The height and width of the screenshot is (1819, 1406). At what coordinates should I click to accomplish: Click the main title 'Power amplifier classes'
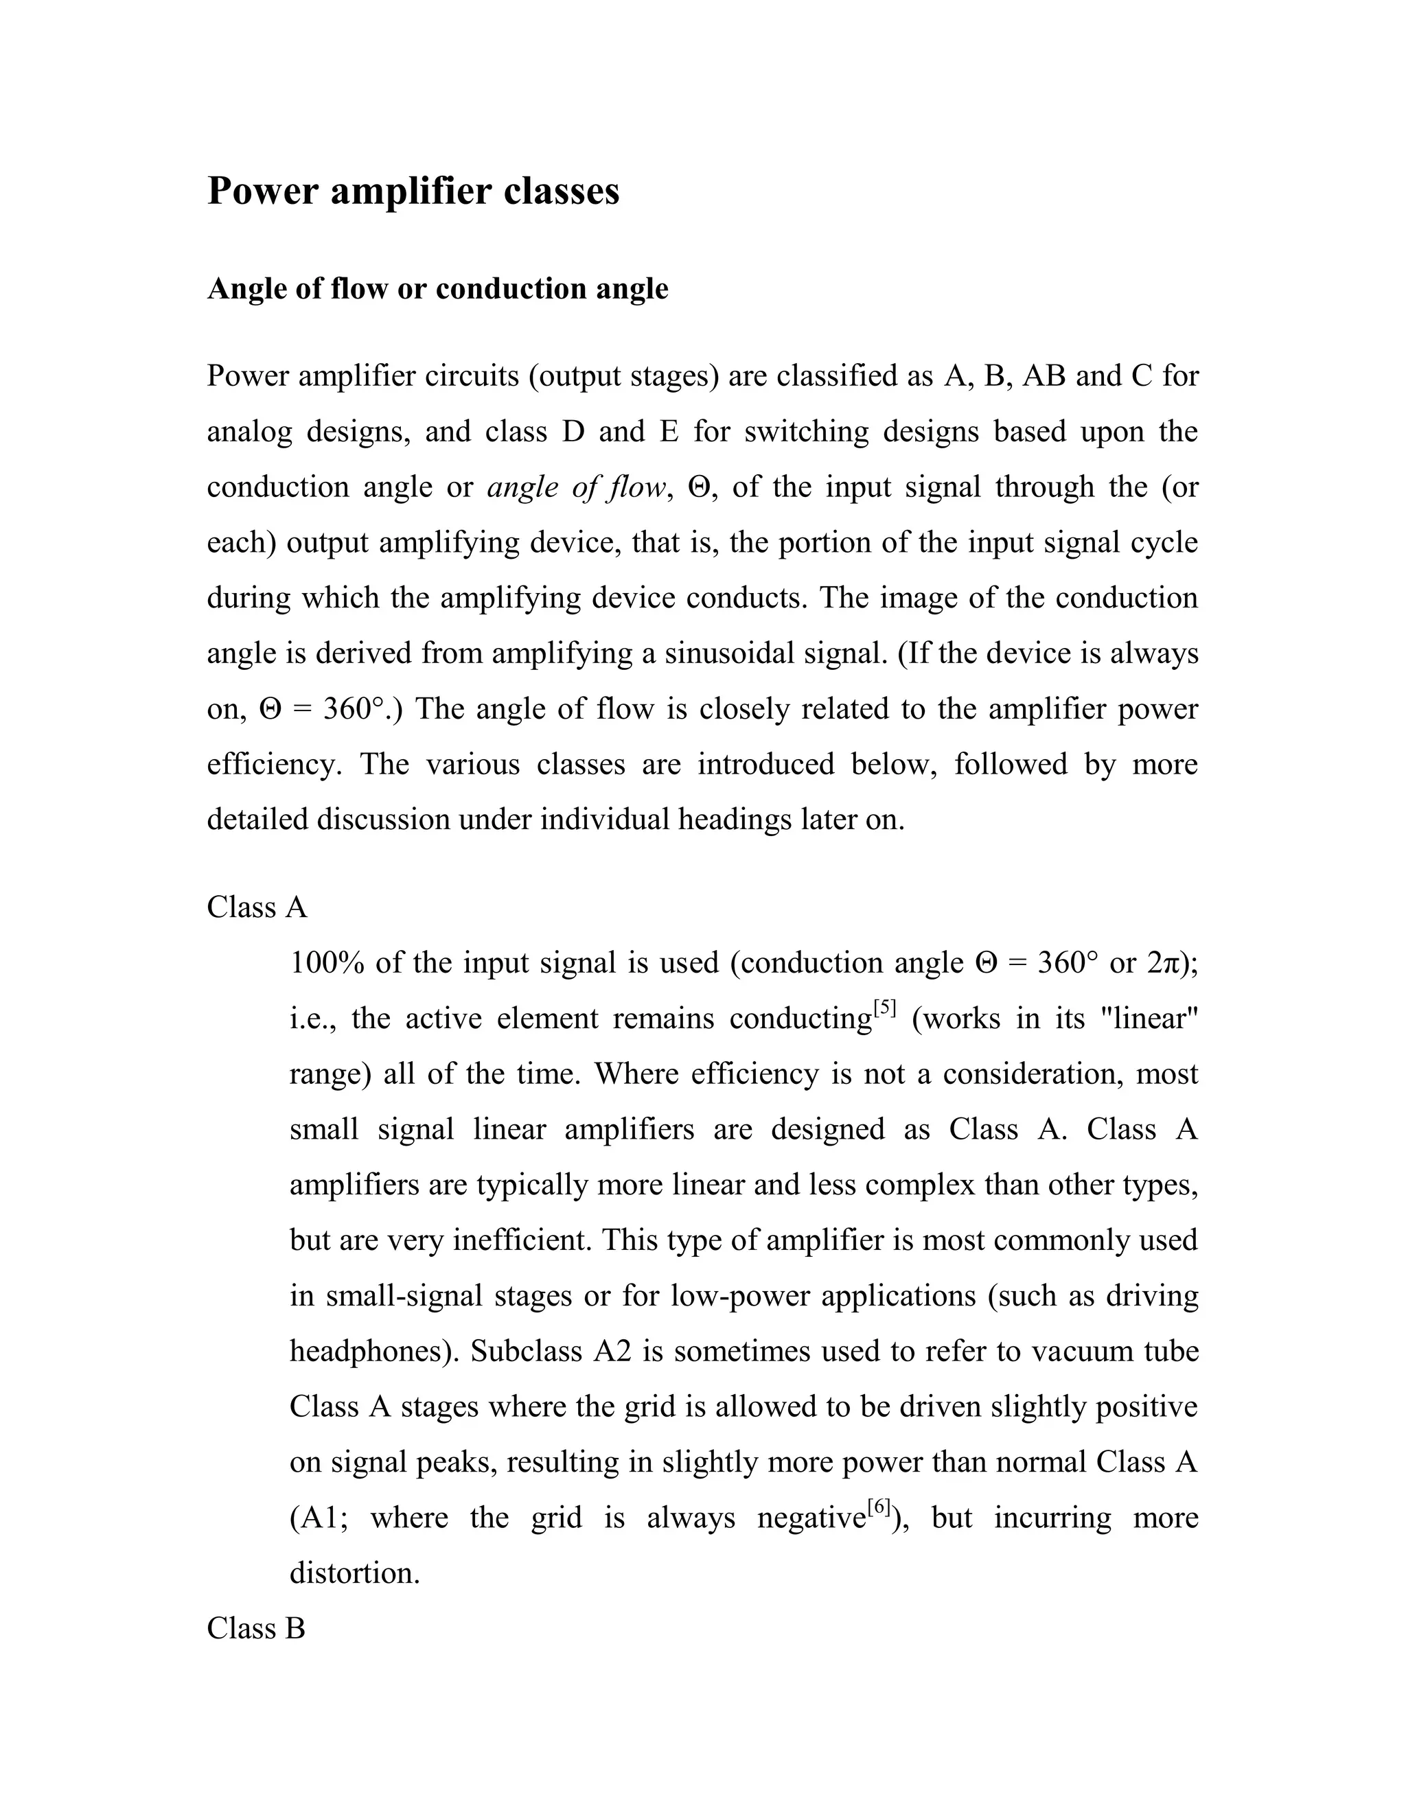tap(413, 192)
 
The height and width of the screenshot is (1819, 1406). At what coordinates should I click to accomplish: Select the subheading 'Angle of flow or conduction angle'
tap(437, 289)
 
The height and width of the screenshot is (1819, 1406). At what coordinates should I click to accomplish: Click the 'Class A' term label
tap(257, 907)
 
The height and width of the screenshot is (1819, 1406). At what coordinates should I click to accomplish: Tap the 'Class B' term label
tap(255, 1628)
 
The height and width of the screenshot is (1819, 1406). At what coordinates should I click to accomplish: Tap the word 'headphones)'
tap(374, 1351)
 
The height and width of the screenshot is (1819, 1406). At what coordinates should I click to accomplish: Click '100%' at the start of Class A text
tap(327, 964)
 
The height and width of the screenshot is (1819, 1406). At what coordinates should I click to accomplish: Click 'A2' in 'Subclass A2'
tap(612, 1351)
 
